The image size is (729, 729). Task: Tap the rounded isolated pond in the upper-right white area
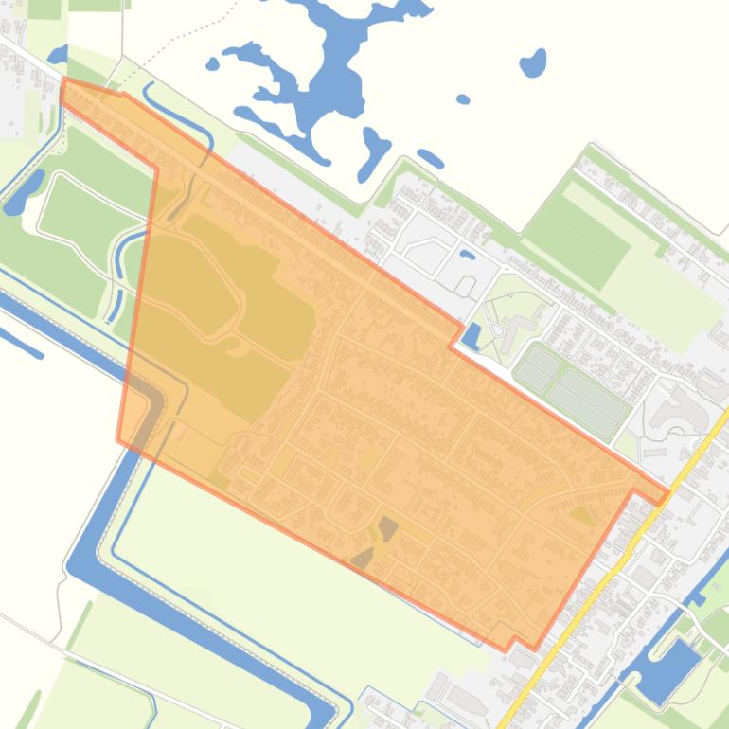[534, 64]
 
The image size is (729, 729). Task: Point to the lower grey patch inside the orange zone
[363, 558]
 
